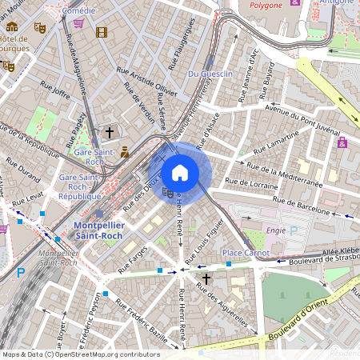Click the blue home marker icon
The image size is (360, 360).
point(180,173)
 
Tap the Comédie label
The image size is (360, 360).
point(78,11)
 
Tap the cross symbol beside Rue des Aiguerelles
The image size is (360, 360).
point(206,278)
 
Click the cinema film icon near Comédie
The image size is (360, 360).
point(101,32)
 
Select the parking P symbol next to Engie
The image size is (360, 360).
point(294,231)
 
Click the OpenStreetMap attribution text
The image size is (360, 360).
point(80,354)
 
